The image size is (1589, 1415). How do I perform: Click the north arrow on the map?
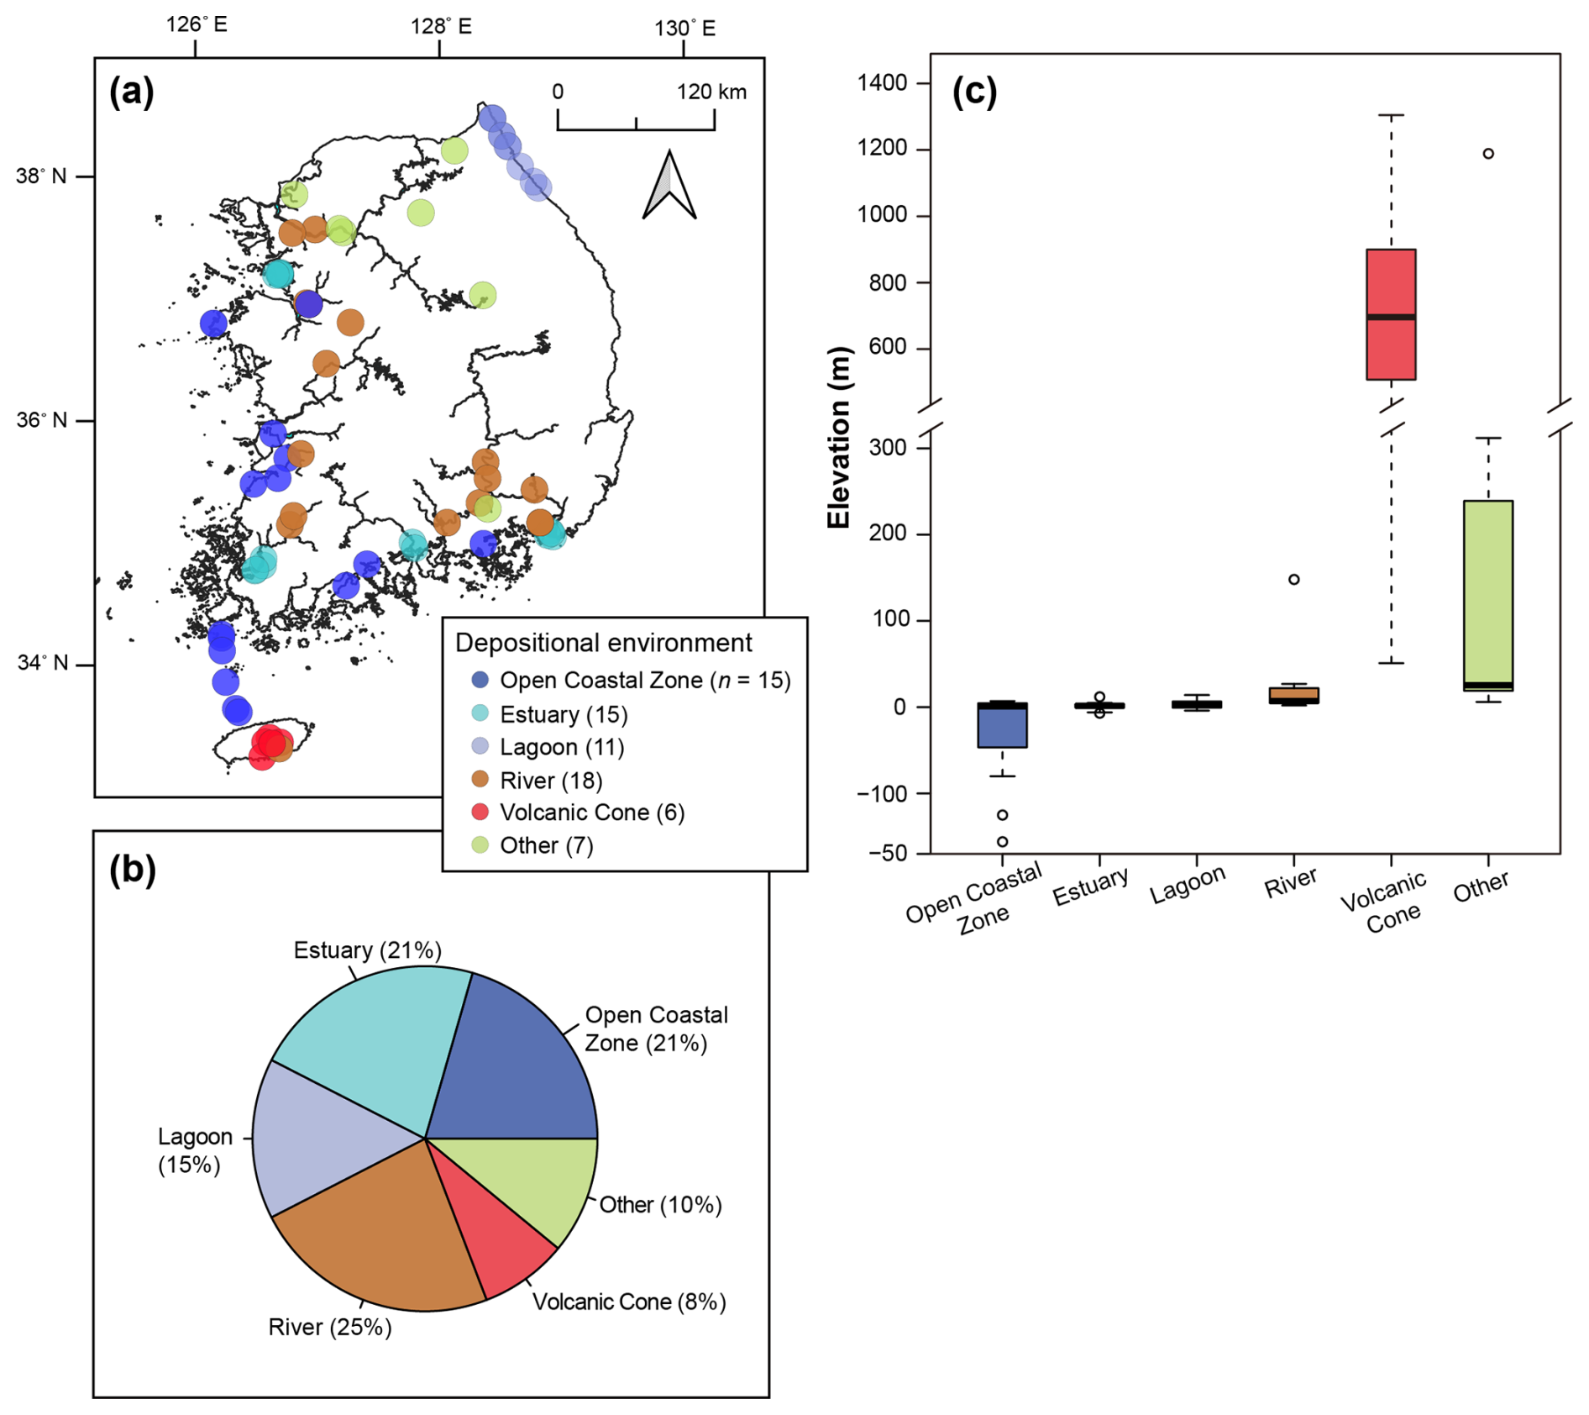(x=669, y=187)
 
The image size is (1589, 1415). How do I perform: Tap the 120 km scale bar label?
(x=711, y=92)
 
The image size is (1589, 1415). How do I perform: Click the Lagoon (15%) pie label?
(x=194, y=1150)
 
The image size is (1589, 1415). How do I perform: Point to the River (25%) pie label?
(x=329, y=1327)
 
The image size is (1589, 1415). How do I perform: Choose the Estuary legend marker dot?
(x=480, y=713)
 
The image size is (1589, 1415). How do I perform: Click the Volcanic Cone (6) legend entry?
(x=591, y=813)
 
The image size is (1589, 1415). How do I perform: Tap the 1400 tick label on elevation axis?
(x=882, y=82)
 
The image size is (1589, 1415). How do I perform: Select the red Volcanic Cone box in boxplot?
(x=1391, y=314)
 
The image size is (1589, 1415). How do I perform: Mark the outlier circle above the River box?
(x=1294, y=579)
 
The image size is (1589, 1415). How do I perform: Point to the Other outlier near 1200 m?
(x=1488, y=154)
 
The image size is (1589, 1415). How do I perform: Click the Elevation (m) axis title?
(x=839, y=437)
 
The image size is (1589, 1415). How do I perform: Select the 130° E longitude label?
(x=684, y=29)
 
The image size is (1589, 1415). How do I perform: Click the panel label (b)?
(x=132, y=870)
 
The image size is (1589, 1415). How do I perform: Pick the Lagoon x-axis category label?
(x=1188, y=885)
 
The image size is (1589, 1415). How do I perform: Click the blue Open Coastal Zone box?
(x=1002, y=724)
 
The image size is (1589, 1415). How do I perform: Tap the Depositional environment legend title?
(x=603, y=643)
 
